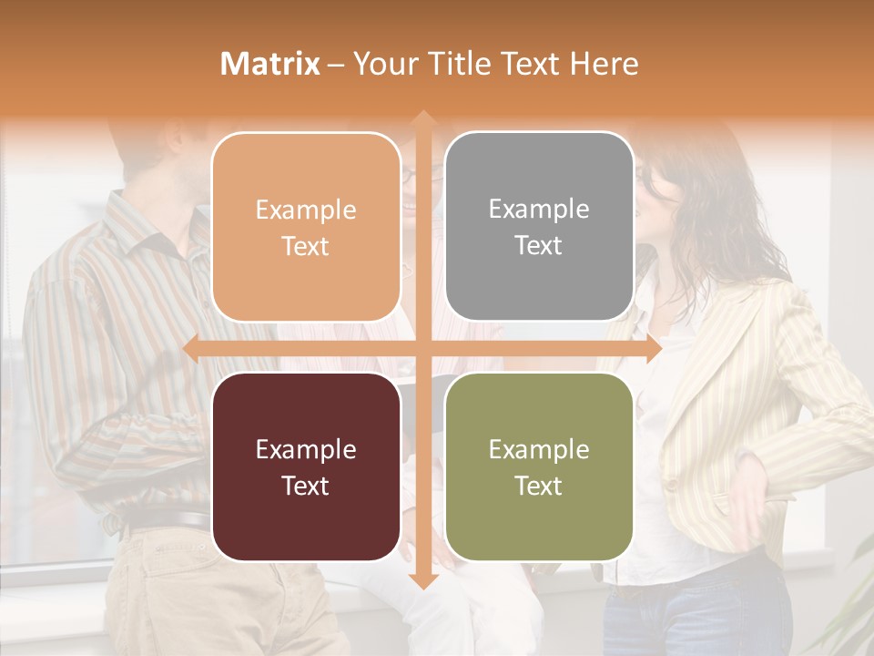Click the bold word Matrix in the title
pos(269,64)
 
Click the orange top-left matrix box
pos(306,227)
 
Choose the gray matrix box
pos(539,227)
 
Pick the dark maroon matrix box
pos(306,466)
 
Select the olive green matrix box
pos(539,466)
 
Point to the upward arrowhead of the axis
pos(422,118)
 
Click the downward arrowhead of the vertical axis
pos(422,580)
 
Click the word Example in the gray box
pos(539,210)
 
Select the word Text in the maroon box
pos(306,486)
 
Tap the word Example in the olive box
pos(539,449)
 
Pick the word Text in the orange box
pos(306,246)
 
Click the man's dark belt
pos(168,522)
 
